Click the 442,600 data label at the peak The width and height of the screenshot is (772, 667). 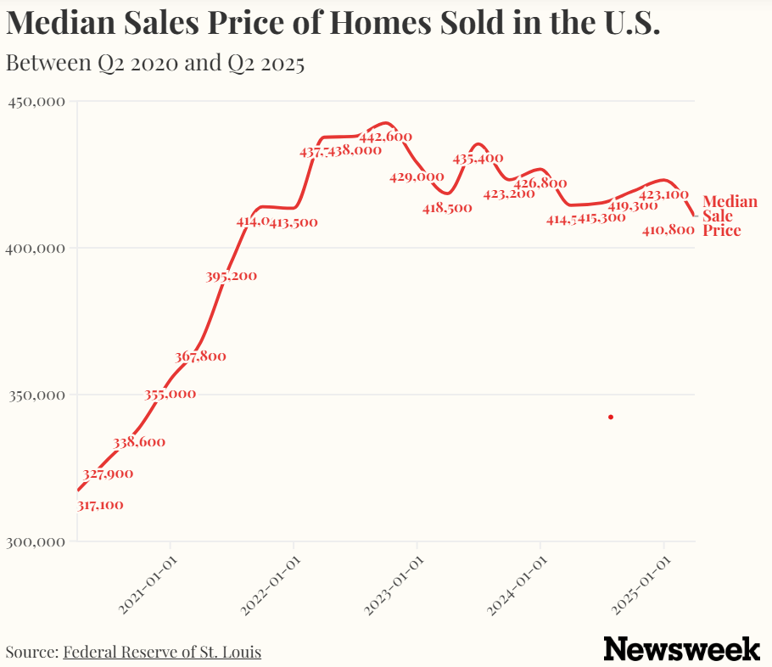pos(386,137)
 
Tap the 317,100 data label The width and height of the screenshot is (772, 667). pos(100,505)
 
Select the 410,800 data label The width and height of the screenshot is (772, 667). pos(669,230)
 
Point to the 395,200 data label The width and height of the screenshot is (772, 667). pos(231,276)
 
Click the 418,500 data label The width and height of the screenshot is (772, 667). pos(447,208)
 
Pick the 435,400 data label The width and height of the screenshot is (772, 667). pos(478,158)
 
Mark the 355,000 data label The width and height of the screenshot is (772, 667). pos(170,394)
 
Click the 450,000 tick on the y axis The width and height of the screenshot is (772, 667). pos(36,102)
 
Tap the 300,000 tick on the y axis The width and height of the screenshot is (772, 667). pos(36,541)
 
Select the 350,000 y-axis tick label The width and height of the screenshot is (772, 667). pos(36,395)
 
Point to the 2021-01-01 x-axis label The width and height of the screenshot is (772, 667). pos(147,586)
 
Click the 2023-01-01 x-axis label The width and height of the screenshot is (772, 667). pos(394,586)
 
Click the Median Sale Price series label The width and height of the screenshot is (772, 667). pos(730,216)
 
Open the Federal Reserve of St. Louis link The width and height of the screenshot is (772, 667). pos(162,652)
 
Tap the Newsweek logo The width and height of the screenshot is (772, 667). pos(681,649)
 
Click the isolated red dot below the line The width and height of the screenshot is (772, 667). pos(611,417)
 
